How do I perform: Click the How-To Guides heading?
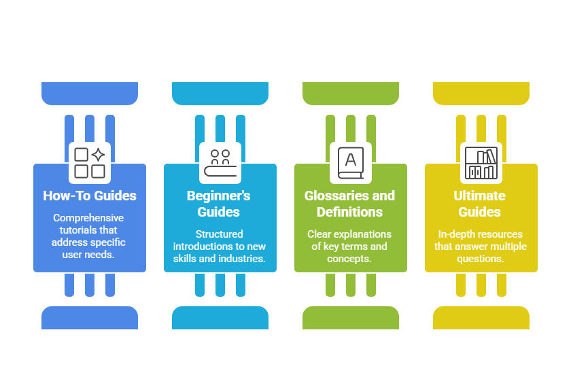(x=90, y=196)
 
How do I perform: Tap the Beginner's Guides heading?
(x=218, y=204)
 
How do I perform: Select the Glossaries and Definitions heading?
(x=349, y=204)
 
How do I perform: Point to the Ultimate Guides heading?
(x=480, y=204)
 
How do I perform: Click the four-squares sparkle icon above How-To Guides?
(x=90, y=163)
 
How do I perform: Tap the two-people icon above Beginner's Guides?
(x=220, y=163)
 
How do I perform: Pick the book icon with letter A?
(x=351, y=163)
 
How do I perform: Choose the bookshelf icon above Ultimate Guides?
(x=481, y=163)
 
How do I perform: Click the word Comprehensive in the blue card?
(x=88, y=218)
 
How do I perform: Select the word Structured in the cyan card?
(x=219, y=234)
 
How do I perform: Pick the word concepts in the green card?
(x=349, y=259)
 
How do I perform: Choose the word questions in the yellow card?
(x=481, y=259)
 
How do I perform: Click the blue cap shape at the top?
(x=90, y=94)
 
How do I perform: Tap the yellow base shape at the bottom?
(x=481, y=318)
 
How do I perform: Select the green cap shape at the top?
(x=351, y=94)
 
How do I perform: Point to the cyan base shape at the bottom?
(x=220, y=318)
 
